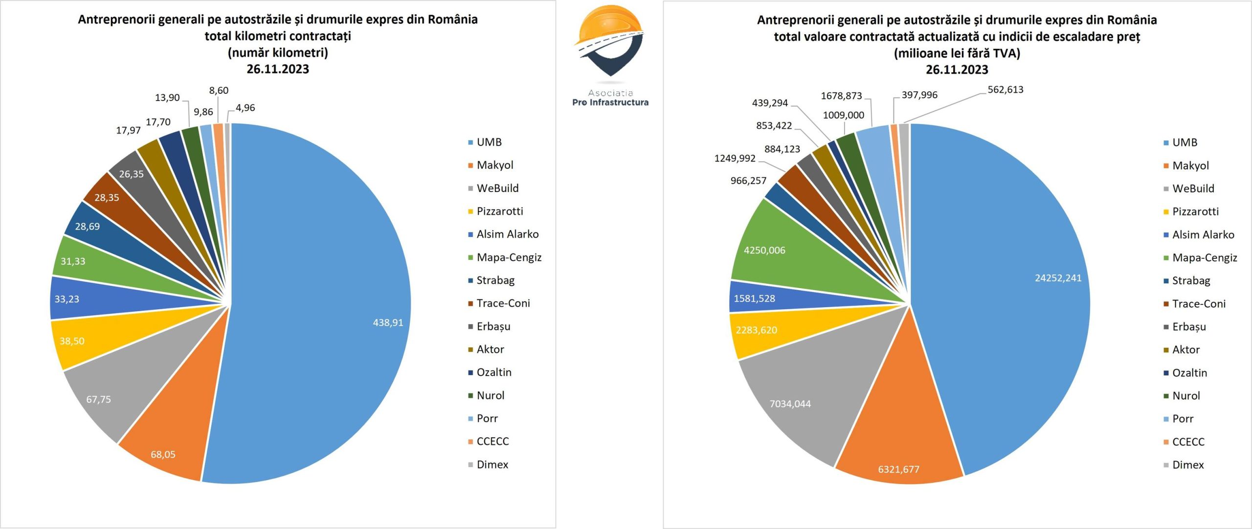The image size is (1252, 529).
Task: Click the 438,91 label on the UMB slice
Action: coord(388,322)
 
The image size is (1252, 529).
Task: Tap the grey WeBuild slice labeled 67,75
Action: coord(105,396)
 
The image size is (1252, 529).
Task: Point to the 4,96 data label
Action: coord(245,107)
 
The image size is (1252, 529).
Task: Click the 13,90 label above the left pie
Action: coord(167,98)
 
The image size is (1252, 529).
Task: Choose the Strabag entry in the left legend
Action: coord(495,280)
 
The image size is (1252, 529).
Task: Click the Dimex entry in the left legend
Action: coord(492,465)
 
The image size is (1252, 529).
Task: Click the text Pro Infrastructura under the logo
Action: coord(610,103)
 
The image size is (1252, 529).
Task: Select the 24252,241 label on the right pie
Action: coord(1058,278)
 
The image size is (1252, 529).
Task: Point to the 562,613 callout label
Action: coord(1005,89)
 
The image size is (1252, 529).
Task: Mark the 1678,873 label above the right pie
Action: coord(841,96)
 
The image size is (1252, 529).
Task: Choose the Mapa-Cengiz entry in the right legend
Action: coord(1204,258)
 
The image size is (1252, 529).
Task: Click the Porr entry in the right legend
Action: coord(1183,419)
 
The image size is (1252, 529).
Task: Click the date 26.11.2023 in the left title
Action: coord(278,69)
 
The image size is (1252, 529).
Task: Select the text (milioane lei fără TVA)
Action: coord(957,53)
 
